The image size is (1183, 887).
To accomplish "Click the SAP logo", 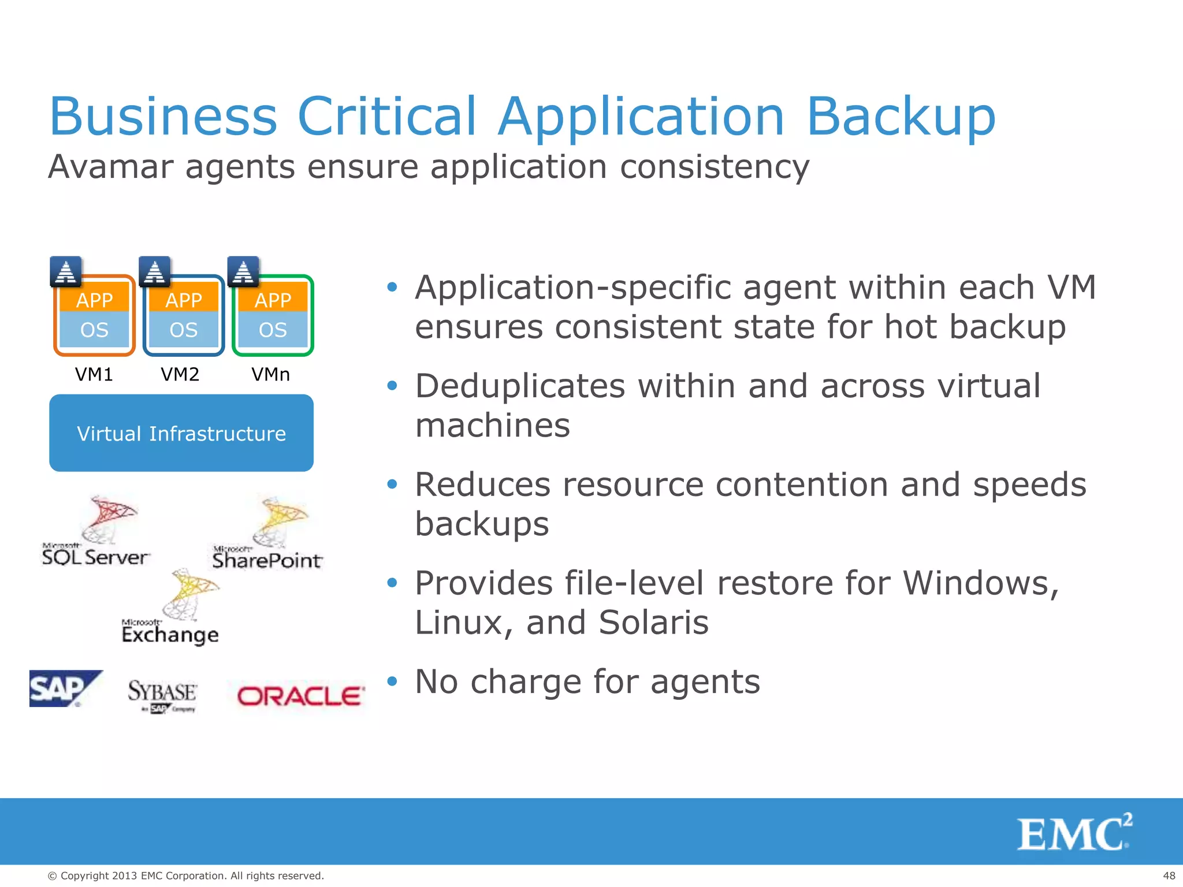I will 65,688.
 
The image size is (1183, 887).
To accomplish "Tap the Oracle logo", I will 300,696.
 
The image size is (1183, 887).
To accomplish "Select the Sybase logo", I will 162,695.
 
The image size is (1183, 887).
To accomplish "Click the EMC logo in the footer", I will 1074,833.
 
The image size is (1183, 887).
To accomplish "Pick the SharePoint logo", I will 267,535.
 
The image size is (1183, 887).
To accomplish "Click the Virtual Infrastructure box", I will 181,433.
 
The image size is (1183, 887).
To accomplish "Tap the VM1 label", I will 94,374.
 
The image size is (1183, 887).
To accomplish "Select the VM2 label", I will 180,374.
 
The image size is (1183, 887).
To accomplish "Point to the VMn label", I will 270,374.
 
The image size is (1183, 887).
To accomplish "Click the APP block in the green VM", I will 273,300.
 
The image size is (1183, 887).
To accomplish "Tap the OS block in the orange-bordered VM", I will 94,330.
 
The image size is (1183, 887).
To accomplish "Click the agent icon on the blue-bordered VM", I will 155,271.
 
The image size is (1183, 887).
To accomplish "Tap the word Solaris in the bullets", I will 653,623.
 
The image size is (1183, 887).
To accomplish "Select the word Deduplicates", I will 520,386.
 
